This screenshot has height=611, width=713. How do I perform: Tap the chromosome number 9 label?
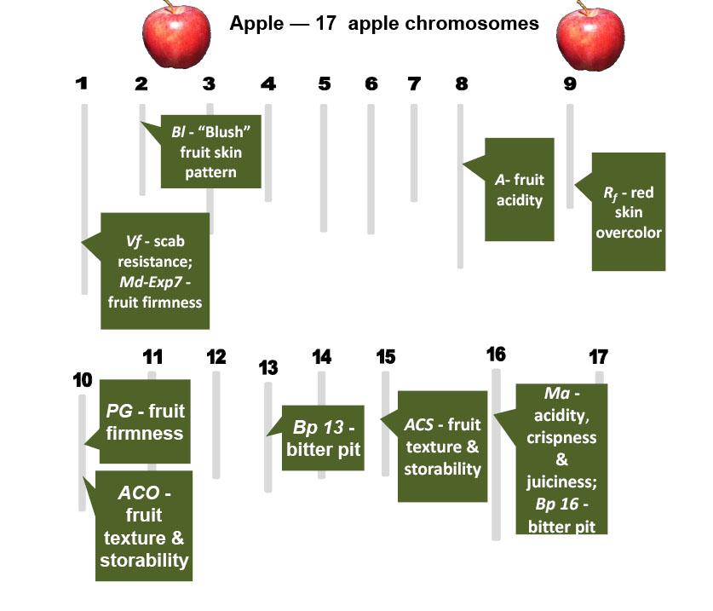pos(569,84)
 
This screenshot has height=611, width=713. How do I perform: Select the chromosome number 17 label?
pos(599,355)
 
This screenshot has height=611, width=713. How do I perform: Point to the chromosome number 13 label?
pos(268,367)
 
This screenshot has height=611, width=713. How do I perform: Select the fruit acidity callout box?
pos(519,189)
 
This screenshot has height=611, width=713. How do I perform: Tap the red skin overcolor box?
pos(628,212)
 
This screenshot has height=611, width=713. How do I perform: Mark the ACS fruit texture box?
pos(441,447)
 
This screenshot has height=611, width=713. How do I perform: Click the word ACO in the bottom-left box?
pos(144,493)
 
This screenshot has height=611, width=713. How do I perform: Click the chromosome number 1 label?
pos(82,84)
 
